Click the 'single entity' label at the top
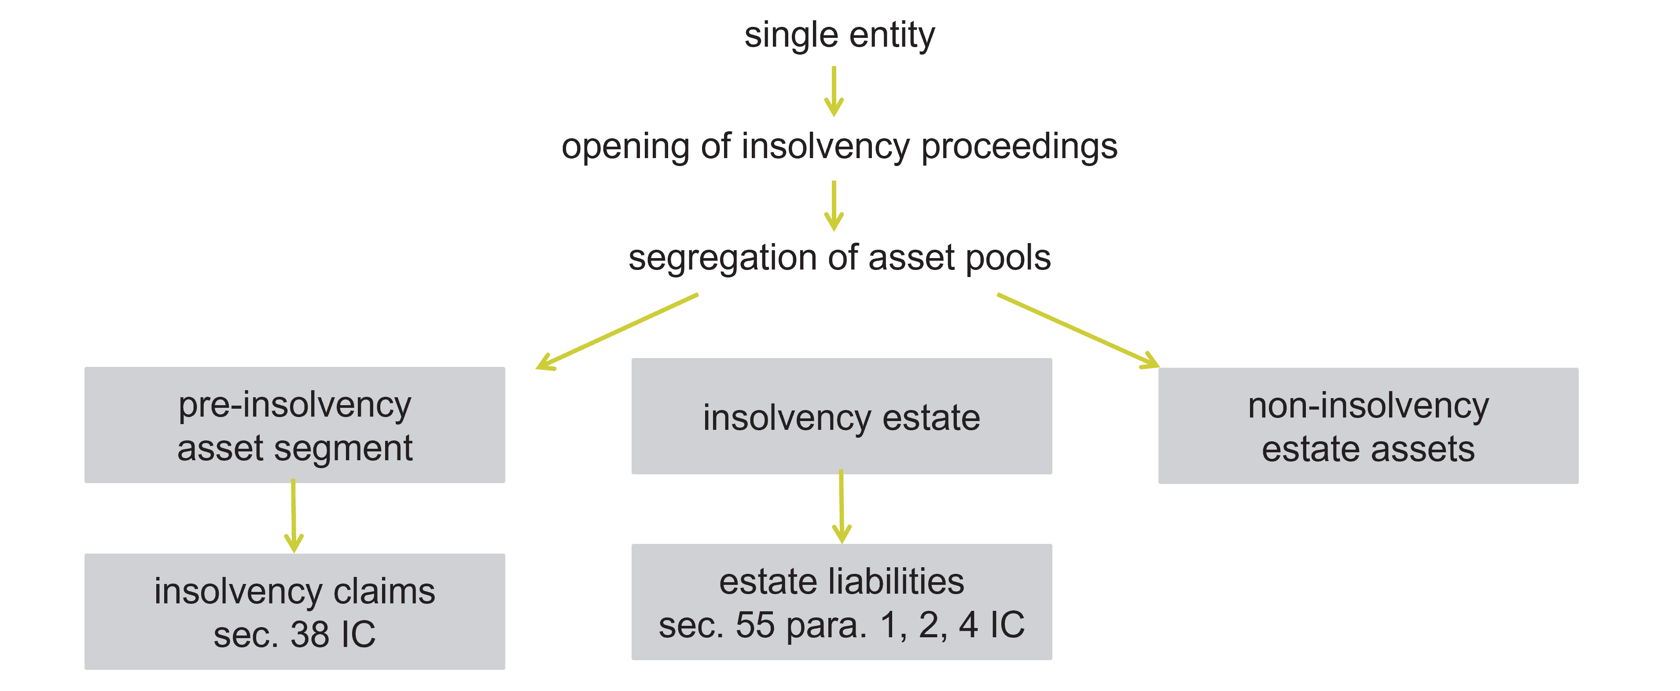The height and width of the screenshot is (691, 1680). point(839,35)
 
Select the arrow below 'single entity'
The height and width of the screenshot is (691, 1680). point(834,91)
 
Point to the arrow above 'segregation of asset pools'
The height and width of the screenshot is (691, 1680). point(834,206)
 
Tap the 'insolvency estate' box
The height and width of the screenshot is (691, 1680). point(841,416)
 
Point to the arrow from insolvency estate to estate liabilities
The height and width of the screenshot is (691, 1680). point(841,507)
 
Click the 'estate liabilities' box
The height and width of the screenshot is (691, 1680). point(841,602)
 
